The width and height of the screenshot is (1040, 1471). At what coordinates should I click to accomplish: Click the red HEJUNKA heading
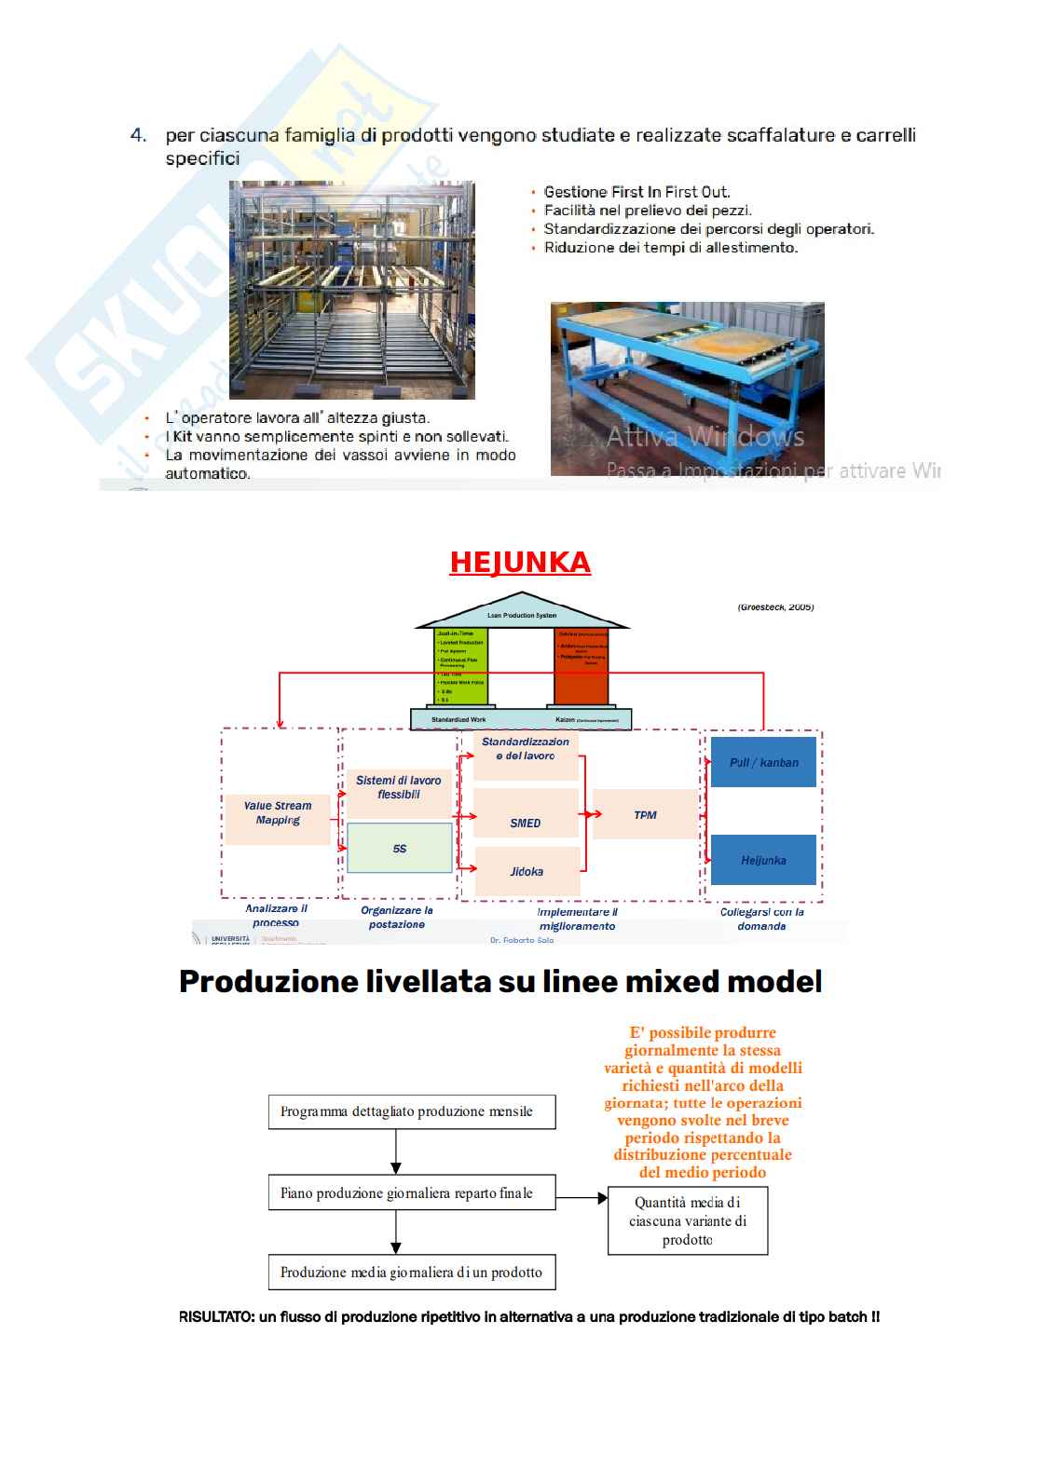pyautogui.click(x=519, y=563)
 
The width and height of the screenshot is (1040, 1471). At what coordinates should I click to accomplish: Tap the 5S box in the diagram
pyautogui.click(x=400, y=848)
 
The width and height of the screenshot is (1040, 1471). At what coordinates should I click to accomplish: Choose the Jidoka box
pyautogui.click(x=527, y=872)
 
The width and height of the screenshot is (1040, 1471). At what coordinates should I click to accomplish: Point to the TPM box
pyautogui.click(x=645, y=815)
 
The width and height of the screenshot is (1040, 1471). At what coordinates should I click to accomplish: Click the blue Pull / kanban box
pyautogui.click(x=763, y=762)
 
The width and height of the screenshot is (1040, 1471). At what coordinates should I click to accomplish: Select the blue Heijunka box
pyautogui.click(x=763, y=860)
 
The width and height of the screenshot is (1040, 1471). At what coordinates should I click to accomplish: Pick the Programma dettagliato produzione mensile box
pyautogui.click(x=412, y=1111)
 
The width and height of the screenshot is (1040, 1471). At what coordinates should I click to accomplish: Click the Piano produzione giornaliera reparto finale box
pyautogui.click(x=412, y=1193)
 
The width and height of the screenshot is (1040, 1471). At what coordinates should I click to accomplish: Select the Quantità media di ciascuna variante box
pyautogui.click(x=688, y=1220)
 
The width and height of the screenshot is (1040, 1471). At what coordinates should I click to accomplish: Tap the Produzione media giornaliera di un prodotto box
pyautogui.click(x=412, y=1273)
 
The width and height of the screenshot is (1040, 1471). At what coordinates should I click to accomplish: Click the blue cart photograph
pyautogui.click(x=687, y=388)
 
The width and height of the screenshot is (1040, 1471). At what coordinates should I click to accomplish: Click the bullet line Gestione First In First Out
pyautogui.click(x=636, y=192)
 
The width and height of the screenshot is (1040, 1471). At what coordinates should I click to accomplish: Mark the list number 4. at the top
pyautogui.click(x=138, y=136)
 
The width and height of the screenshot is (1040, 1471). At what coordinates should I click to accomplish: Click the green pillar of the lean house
pyautogui.click(x=460, y=666)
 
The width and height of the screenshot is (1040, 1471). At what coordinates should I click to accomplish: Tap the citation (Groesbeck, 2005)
pyautogui.click(x=775, y=607)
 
